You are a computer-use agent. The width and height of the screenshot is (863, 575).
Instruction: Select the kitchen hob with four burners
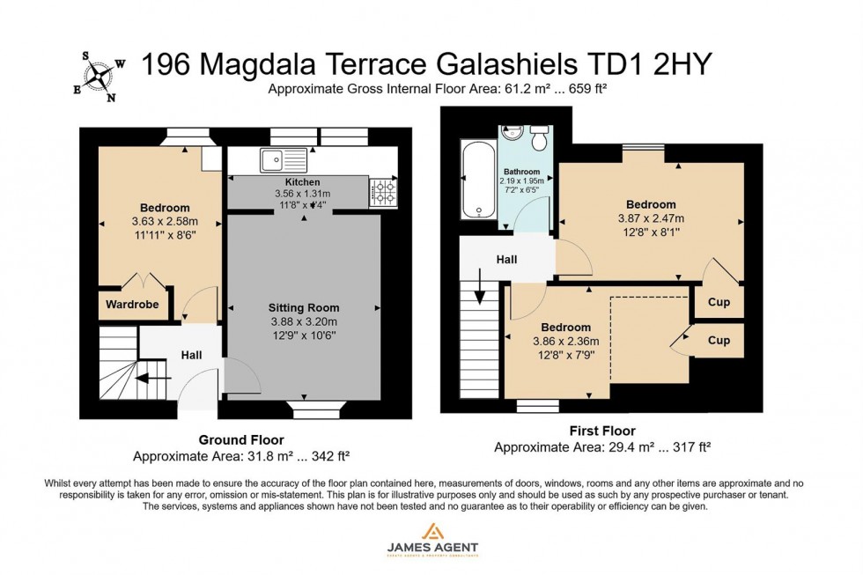point(384,191)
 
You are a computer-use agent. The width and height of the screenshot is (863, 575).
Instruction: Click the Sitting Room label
point(303,307)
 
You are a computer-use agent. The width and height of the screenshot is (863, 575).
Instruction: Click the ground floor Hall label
point(191,355)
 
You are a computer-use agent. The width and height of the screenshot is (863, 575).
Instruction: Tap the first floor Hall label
point(505,260)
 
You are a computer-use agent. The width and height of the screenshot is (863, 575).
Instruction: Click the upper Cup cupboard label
point(719,302)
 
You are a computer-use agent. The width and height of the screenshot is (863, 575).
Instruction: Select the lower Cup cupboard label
point(719,340)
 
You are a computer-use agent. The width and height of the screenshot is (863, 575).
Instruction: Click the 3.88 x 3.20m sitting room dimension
point(303,321)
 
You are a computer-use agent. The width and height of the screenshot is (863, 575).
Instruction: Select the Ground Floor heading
point(240,439)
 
